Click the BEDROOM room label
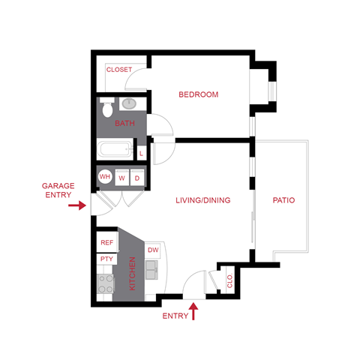tap(198, 94)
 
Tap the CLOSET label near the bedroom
tap(118, 70)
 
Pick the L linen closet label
tap(142, 153)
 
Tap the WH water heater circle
tap(105, 178)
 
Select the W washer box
tap(121, 178)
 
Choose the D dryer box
tap(137, 178)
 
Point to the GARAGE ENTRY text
tap(58, 189)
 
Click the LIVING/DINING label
tap(202, 200)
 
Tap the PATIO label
tap(283, 200)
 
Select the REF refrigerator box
tap(106, 242)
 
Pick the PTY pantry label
tap(106, 259)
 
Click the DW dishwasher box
tap(153, 250)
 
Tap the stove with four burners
tap(105, 284)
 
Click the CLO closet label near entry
tap(229, 283)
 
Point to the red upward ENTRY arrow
tap(195, 310)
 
